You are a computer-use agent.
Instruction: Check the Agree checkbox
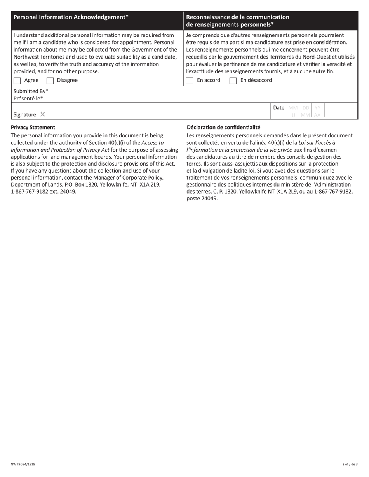(17, 81)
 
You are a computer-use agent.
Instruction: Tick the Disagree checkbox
(50, 81)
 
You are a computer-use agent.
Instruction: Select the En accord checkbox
(190, 81)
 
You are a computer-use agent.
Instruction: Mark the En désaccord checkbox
(233, 81)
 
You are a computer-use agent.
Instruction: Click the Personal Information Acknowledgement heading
(71, 17)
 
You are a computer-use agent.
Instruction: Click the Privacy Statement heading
(33, 127)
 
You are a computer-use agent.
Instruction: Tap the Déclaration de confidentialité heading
(223, 127)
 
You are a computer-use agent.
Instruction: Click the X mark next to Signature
(43, 114)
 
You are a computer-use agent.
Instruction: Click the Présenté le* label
(28, 98)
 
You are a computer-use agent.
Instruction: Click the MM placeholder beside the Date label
(293, 108)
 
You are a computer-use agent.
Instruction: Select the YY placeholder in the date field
(318, 108)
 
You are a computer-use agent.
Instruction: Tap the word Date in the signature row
(279, 108)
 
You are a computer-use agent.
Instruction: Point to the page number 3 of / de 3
(350, 464)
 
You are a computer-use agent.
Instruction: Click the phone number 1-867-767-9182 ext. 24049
(44, 191)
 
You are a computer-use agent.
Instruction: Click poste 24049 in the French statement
(202, 199)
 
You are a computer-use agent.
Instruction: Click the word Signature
(25, 115)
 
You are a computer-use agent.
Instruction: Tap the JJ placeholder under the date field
(294, 115)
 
